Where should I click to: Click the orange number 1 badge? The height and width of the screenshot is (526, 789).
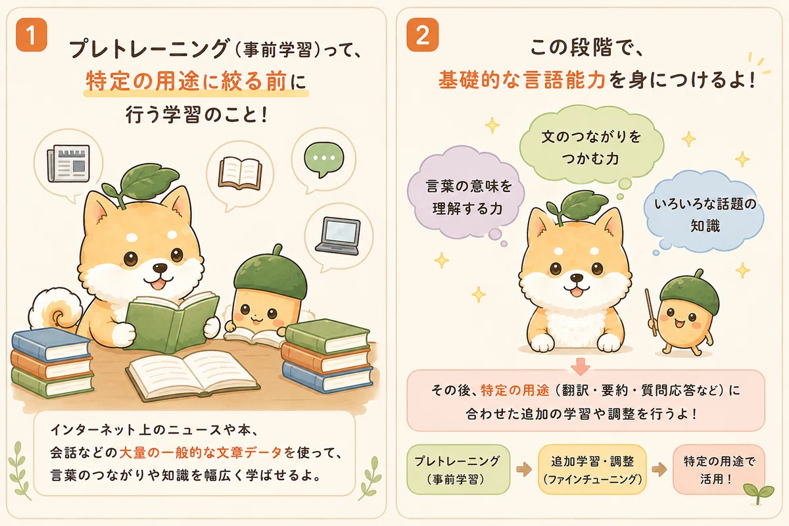[x=32, y=35]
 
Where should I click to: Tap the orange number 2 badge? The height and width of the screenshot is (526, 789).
[x=422, y=35]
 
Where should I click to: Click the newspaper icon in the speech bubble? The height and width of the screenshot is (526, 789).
[x=68, y=164]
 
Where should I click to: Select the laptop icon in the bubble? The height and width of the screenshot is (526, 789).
[x=338, y=236]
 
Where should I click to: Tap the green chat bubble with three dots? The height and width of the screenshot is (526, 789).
[x=323, y=159]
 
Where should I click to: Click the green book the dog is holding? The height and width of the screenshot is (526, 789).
[x=172, y=322]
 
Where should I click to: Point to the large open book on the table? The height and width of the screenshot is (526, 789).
[x=192, y=375]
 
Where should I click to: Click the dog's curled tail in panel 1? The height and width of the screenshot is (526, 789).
[x=56, y=309]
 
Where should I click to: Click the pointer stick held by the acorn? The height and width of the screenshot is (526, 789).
[x=651, y=312]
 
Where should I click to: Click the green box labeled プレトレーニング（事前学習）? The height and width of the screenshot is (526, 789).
[x=458, y=469]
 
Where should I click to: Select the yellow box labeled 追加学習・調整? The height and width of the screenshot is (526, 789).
[x=592, y=469]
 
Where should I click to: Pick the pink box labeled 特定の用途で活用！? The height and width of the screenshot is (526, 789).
[x=719, y=469]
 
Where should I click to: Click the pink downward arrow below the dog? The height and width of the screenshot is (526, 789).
[x=580, y=366]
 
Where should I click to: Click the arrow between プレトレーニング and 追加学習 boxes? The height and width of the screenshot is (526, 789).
[x=524, y=469]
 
